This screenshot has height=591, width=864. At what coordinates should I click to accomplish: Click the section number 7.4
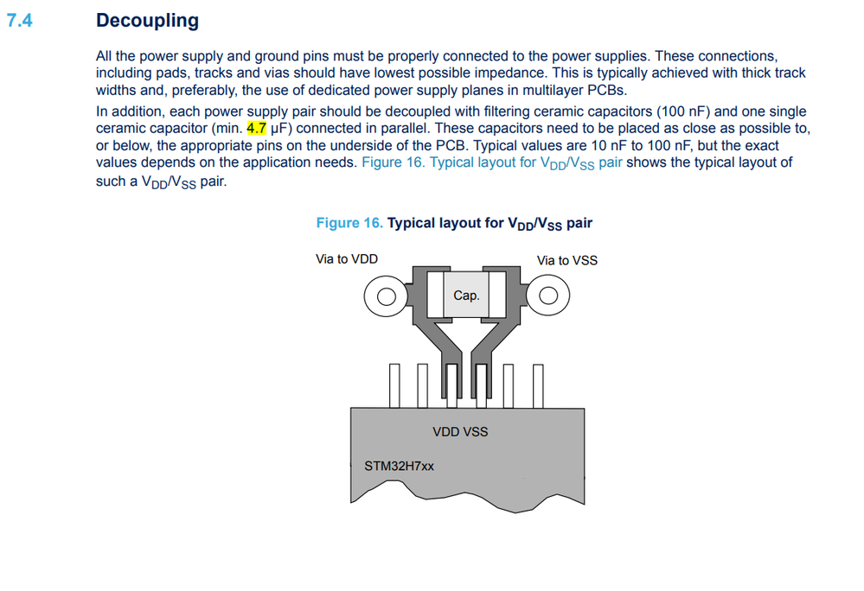(x=19, y=21)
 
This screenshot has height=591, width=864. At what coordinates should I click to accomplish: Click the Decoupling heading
(x=147, y=21)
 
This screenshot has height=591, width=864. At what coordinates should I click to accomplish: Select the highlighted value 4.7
(x=256, y=128)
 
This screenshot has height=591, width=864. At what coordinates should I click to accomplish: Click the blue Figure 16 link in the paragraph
(x=491, y=163)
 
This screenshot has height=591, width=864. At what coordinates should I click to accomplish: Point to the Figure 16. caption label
(x=349, y=223)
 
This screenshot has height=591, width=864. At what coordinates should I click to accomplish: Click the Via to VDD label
(x=347, y=259)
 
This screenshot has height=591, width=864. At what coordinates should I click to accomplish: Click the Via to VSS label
(x=567, y=260)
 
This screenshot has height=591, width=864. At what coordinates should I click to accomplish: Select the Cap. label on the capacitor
(x=466, y=295)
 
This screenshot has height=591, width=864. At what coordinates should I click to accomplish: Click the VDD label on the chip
(x=445, y=432)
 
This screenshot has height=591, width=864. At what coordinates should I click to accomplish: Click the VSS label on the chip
(x=475, y=432)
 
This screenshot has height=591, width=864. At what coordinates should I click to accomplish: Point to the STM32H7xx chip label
(x=399, y=466)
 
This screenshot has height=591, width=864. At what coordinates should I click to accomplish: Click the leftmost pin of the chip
(x=394, y=385)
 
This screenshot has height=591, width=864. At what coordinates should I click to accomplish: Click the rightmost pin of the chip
(x=538, y=385)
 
